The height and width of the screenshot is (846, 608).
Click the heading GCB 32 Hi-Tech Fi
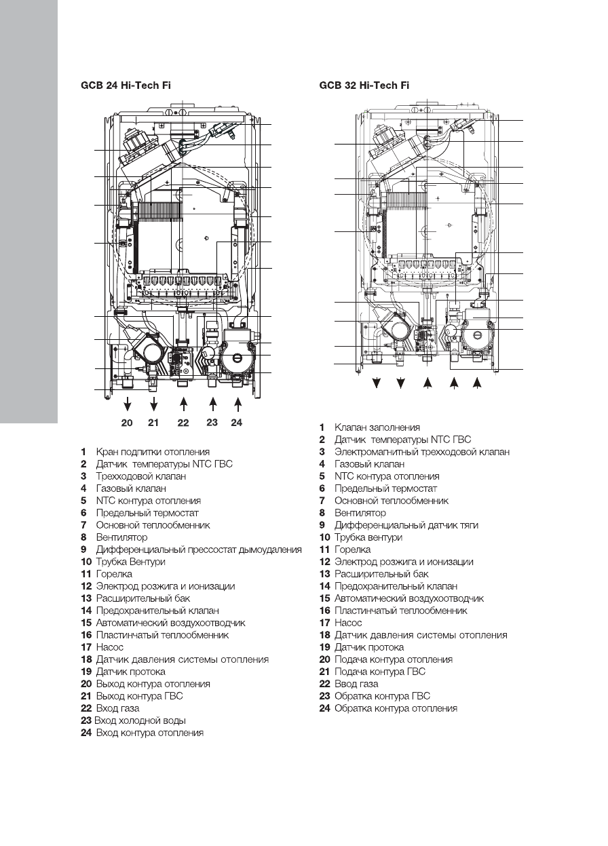click(364, 86)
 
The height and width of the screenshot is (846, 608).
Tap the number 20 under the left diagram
click(127, 423)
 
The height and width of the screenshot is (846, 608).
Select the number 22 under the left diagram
click(183, 423)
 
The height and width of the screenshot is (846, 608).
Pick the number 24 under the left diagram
click(236, 423)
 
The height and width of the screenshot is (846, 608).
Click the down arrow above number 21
click(154, 404)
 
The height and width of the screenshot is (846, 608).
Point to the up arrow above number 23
click(212, 404)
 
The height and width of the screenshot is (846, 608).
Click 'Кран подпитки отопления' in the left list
click(153, 452)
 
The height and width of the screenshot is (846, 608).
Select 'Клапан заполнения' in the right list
click(377, 427)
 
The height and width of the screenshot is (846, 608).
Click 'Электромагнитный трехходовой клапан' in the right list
click(421, 452)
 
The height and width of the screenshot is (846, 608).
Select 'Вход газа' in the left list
click(118, 708)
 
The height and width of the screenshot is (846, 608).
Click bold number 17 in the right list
click(324, 623)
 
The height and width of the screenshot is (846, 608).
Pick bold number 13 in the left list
click(85, 598)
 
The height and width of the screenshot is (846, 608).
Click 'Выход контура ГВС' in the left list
click(139, 696)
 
